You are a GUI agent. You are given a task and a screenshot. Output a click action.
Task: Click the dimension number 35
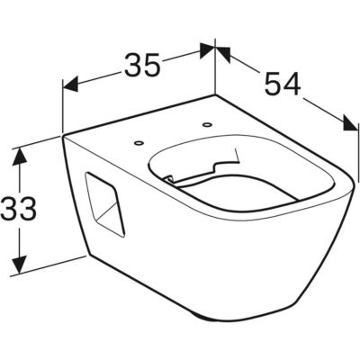click(x=142, y=64)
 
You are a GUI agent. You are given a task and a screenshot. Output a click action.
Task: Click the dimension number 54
click(x=283, y=84)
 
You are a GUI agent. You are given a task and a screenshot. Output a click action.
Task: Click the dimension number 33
click(x=18, y=208)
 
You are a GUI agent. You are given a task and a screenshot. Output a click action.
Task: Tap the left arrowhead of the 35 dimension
click(x=70, y=84)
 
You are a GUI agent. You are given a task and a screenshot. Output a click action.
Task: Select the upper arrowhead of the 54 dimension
click(x=223, y=53)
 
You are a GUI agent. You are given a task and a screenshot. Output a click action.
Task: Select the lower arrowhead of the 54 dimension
click(x=351, y=123)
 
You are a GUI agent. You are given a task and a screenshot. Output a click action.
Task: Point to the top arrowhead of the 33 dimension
click(x=20, y=157)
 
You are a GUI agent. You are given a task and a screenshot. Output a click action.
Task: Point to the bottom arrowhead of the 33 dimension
click(x=20, y=264)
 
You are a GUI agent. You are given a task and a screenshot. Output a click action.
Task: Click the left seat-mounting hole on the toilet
click(x=139, y=143)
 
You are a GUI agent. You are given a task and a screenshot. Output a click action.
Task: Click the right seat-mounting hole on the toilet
click(x=206, y=123)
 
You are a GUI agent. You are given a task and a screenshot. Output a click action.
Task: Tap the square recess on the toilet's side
click(x=105, y=204)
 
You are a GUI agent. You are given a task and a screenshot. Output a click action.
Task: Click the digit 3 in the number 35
click(x=132, y=64)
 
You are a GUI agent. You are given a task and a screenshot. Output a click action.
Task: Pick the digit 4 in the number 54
click(x=292, y=84)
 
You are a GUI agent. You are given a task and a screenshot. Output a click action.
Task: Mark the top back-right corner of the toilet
click(x=215, y=94)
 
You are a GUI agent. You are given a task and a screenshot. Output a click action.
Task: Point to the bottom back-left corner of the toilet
click(x=87, y=256)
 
